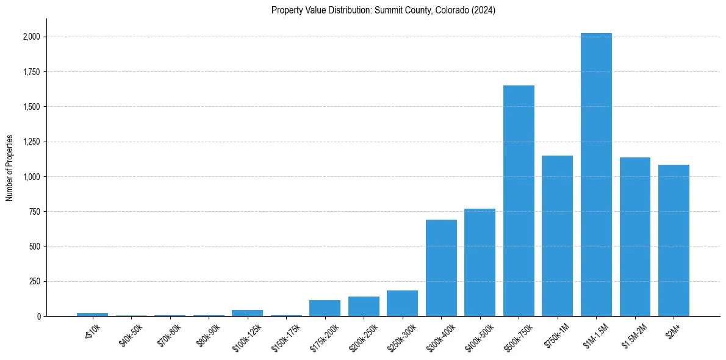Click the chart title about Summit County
pyautogui.click(x=383, y=10)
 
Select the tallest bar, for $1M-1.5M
pyautogui.click(x=596, y=175)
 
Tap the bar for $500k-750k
pyautogui.click(x=519, y=201)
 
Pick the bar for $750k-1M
pyautogui.click(x=557, y=236)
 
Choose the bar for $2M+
pyautogui.click(x=674, y=240)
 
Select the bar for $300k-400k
pyautogui.click(x=441, y=268)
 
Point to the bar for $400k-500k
pyautogui.click(x=480, y=262)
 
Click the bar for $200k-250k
pyautogui.click(x=364, y=306)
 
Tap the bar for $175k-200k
pyautogui.click(x=325, y=308)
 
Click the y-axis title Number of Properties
pyautogui.click(x=10, y=168)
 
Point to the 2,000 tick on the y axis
pyautogui.click(x=32, y=37)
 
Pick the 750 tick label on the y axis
pyautogui.click(x=34, y=212)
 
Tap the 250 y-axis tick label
pyautogui.click(x=34, y=282)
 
